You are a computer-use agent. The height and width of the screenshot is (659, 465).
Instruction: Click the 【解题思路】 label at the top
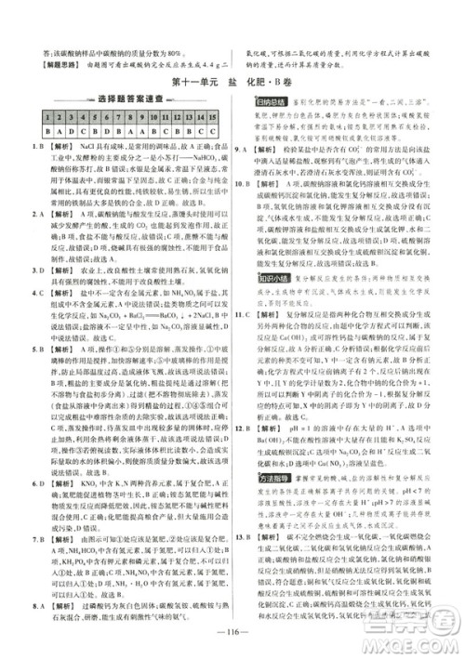point(52,64)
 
